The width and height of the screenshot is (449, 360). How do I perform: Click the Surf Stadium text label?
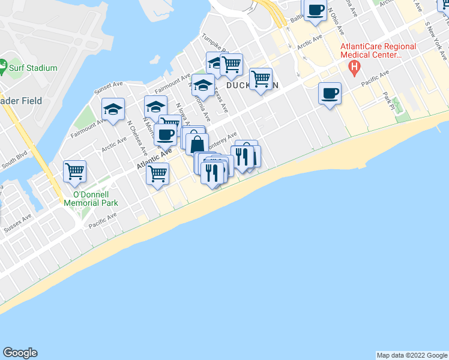tap(33, 68)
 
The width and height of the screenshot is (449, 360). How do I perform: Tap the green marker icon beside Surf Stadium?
tap(3, 64)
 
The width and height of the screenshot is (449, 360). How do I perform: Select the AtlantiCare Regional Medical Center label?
tap(378, 50)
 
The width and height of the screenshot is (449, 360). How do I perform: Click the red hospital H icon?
tap(355, 67)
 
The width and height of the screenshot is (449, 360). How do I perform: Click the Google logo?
tap(20, 353)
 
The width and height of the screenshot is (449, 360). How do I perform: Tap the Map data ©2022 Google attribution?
tap(412, 355)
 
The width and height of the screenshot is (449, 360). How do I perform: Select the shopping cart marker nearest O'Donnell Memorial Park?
tap(75, 171)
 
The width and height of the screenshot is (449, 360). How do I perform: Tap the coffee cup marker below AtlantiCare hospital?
tap(330, 94)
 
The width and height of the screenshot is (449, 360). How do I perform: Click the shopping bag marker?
tap(197, 144)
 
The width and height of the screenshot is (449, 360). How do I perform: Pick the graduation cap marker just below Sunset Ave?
tap(113, 110)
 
